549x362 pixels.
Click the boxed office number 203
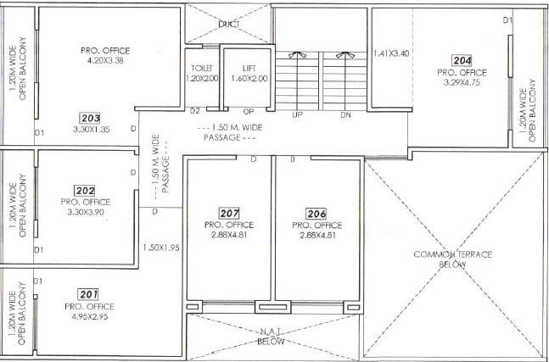coord(91,118)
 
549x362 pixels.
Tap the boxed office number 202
coord(85,191)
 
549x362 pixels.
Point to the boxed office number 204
coord(462,60)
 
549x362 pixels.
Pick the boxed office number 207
coord(228,213)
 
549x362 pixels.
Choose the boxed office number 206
coord(317,213)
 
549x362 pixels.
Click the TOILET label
coord(201,67)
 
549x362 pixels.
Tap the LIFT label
coord(249,67)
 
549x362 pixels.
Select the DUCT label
coord(227,25)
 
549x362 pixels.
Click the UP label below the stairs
coord(297,114)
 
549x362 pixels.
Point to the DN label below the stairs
coord(345,114)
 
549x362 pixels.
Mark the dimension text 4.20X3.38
coord(105,61)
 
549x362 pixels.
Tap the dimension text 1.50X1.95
coord(161,248)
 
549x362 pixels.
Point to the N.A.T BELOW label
coord(272,337)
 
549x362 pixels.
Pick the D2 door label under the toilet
coord(194,111)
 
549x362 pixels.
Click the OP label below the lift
coord(249,111)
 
